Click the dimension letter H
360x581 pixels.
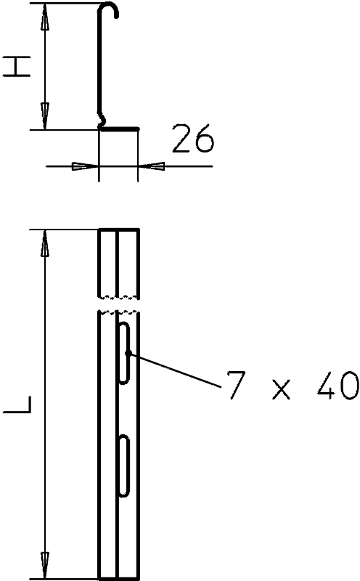[17, 67]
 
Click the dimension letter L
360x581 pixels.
[17, 405]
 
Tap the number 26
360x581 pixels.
[193, 138]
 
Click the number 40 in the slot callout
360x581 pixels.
[337, 386]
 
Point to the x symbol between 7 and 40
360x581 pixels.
[281, 390]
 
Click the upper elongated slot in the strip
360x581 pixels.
[124, 353]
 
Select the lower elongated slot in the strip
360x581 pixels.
[124, 466]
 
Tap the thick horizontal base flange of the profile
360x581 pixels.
[120, 129]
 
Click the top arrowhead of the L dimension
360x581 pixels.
[45, 243]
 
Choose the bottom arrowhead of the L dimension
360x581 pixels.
[45, 565]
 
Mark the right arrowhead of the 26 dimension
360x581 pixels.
[151, 166]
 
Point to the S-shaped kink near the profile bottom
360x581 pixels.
[102, 118]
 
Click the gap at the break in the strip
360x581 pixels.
[119, 304]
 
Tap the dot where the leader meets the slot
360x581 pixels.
[127, 353]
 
